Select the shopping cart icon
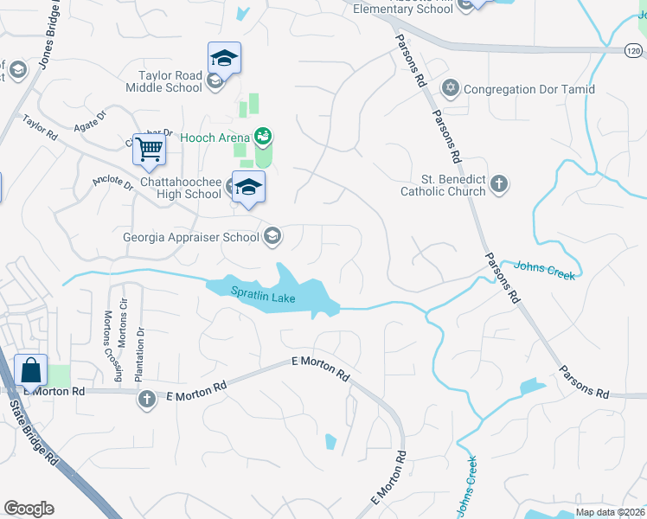click(150, 151)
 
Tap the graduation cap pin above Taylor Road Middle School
click(224, 59)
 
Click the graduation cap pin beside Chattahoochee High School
click(248, 187)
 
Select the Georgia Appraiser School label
click(190, 236)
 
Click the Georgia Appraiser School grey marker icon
click(272, 236)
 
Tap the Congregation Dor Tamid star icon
click(450, 88)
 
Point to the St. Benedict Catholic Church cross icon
click(499, 183)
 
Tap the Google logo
click(29, 509)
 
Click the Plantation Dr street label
click(138, 354)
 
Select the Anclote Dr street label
click(112, 184)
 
